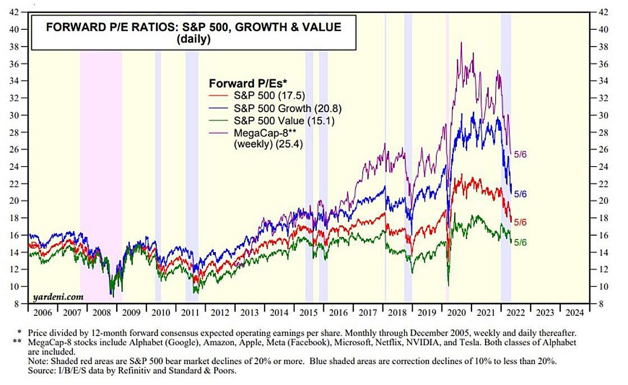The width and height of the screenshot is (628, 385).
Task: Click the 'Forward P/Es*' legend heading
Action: click(244, 84)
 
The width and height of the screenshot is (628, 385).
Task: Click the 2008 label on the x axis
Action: click(101, 312)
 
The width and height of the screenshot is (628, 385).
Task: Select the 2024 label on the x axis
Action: click(575, 312)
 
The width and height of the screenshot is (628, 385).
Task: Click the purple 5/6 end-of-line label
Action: click(521, 153)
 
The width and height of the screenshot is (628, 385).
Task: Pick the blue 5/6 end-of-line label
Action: click(521, 194)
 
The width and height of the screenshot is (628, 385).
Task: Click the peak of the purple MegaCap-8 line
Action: click(461, 43)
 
